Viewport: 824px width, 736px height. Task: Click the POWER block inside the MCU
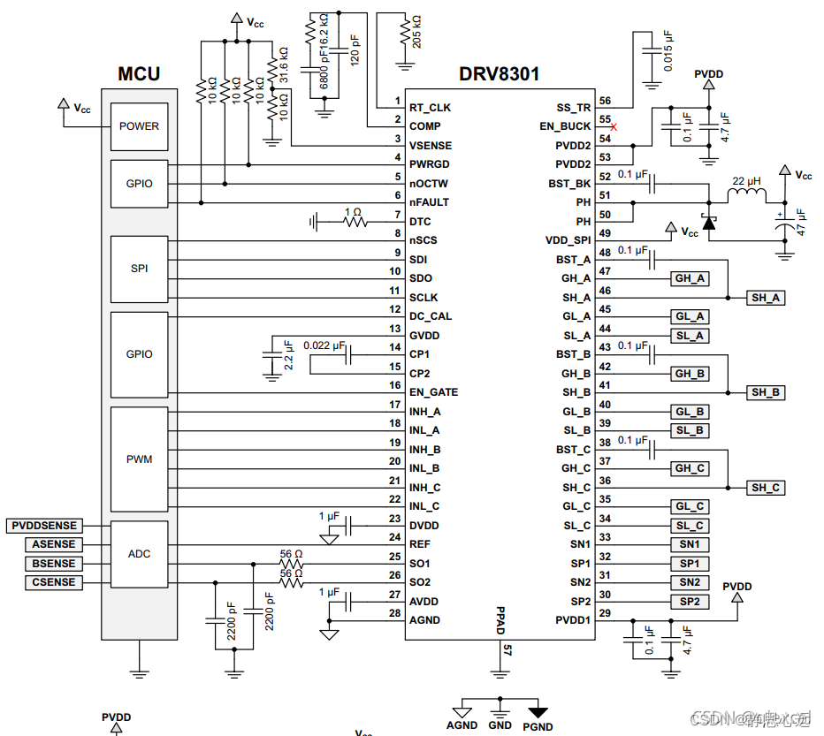pos(140,126)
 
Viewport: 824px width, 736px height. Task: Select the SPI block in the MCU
pos(140,269)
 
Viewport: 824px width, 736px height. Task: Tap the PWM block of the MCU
pos(140,459)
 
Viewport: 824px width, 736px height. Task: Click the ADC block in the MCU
pos(140,554)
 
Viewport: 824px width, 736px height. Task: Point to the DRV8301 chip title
pos(500,74)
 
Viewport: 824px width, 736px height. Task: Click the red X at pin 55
pos(614,127)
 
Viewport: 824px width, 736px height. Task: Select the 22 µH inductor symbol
pos(747,195)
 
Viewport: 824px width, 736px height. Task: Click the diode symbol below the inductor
pos(709,223)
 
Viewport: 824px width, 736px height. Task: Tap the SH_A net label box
pos(766,298)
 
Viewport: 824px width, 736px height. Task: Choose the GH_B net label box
pos(690,374)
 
